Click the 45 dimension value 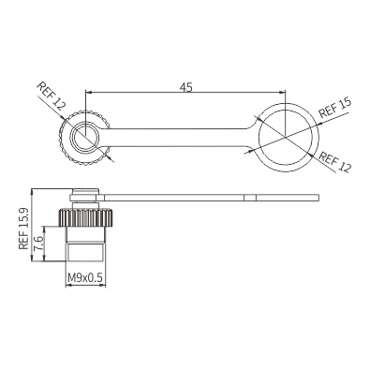pyautogui.click(x=185, y=87)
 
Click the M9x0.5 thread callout pyautogui.click(x=85, y=277)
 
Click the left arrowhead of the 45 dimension pyautogui.click(x=88, y=92)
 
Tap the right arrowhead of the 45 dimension pyautogui.click(x=282, y=92)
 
